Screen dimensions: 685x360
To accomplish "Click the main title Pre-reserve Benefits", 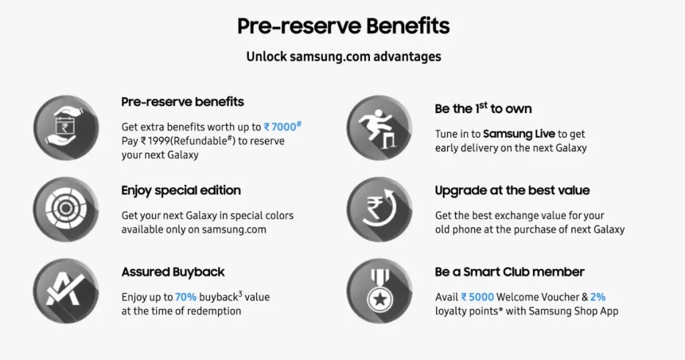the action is (343, 26).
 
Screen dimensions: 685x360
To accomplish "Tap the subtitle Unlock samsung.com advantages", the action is (344, 57).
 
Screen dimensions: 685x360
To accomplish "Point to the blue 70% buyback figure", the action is (186, 297).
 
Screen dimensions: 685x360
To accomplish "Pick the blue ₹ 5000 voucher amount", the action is (478, 297).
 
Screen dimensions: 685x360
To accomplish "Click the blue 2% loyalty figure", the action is (597, 297).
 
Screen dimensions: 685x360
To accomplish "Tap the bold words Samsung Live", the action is (519, 134).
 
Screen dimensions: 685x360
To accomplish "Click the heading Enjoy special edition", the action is (181, 191).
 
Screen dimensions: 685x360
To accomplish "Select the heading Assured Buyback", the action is (173, 272).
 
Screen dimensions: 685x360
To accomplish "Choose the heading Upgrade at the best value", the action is (512, 191).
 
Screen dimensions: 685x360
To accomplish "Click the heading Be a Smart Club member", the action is (509, 272).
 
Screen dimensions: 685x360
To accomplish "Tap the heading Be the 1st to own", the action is (483, 108).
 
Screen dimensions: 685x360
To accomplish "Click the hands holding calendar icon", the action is (66, 128).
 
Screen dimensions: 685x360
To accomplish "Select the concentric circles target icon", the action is (66, 209).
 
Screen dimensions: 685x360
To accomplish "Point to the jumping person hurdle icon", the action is (379, 128).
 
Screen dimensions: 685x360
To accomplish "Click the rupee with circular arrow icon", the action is (379, 209).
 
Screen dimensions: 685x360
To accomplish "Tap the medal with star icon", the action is (379, 291).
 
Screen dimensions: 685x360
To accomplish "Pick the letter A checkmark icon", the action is (66, 291).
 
